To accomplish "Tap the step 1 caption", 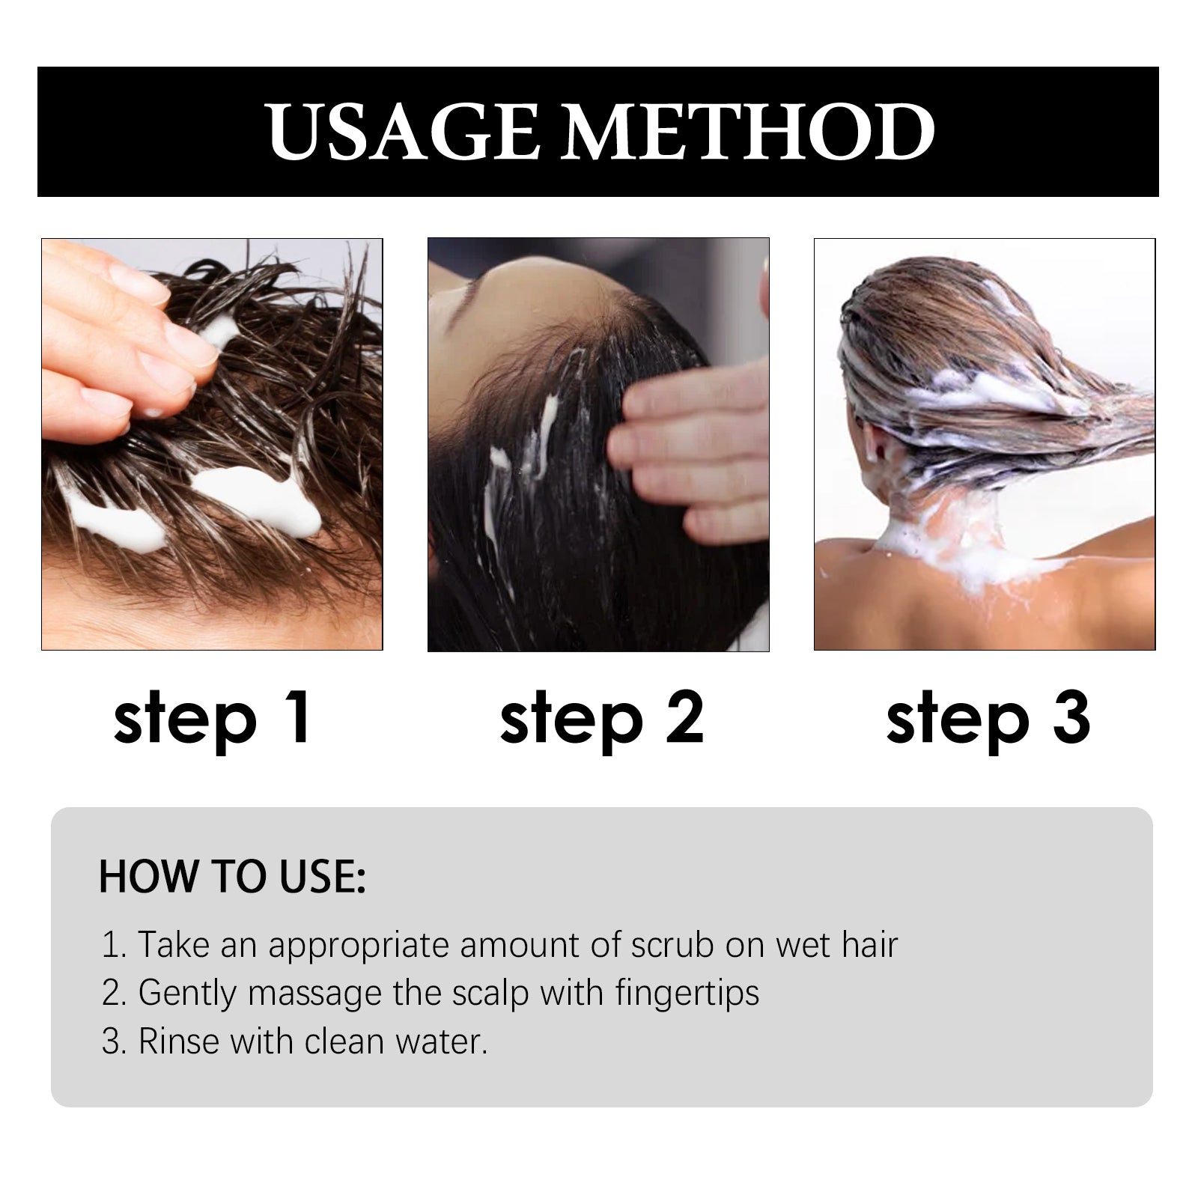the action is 212,720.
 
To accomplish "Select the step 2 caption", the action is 601,720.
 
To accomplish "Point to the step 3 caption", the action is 988,720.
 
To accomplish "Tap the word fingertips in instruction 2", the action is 687,994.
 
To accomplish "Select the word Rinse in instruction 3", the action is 179,1042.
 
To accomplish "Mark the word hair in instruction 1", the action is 869,945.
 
